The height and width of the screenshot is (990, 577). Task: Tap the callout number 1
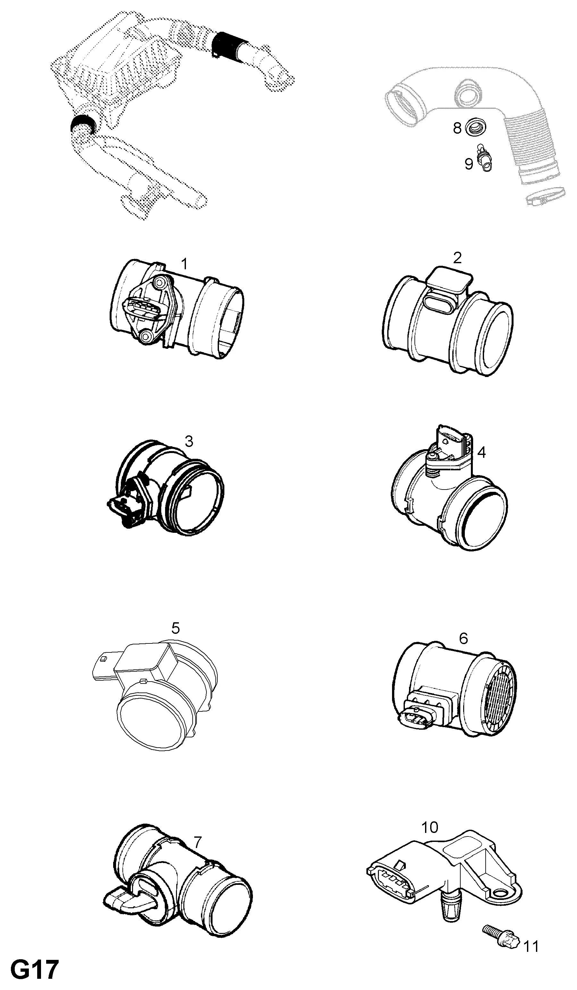(184, 264)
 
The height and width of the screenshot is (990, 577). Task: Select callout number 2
(457, 258)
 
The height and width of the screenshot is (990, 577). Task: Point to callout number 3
(189, 441)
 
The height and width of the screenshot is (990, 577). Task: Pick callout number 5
(176, 628)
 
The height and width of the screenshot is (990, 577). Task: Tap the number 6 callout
(464, 638)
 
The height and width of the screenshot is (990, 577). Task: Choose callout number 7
(197, 842)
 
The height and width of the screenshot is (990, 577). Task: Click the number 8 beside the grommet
(457, 128)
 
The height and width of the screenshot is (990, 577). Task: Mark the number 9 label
(469, 164)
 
